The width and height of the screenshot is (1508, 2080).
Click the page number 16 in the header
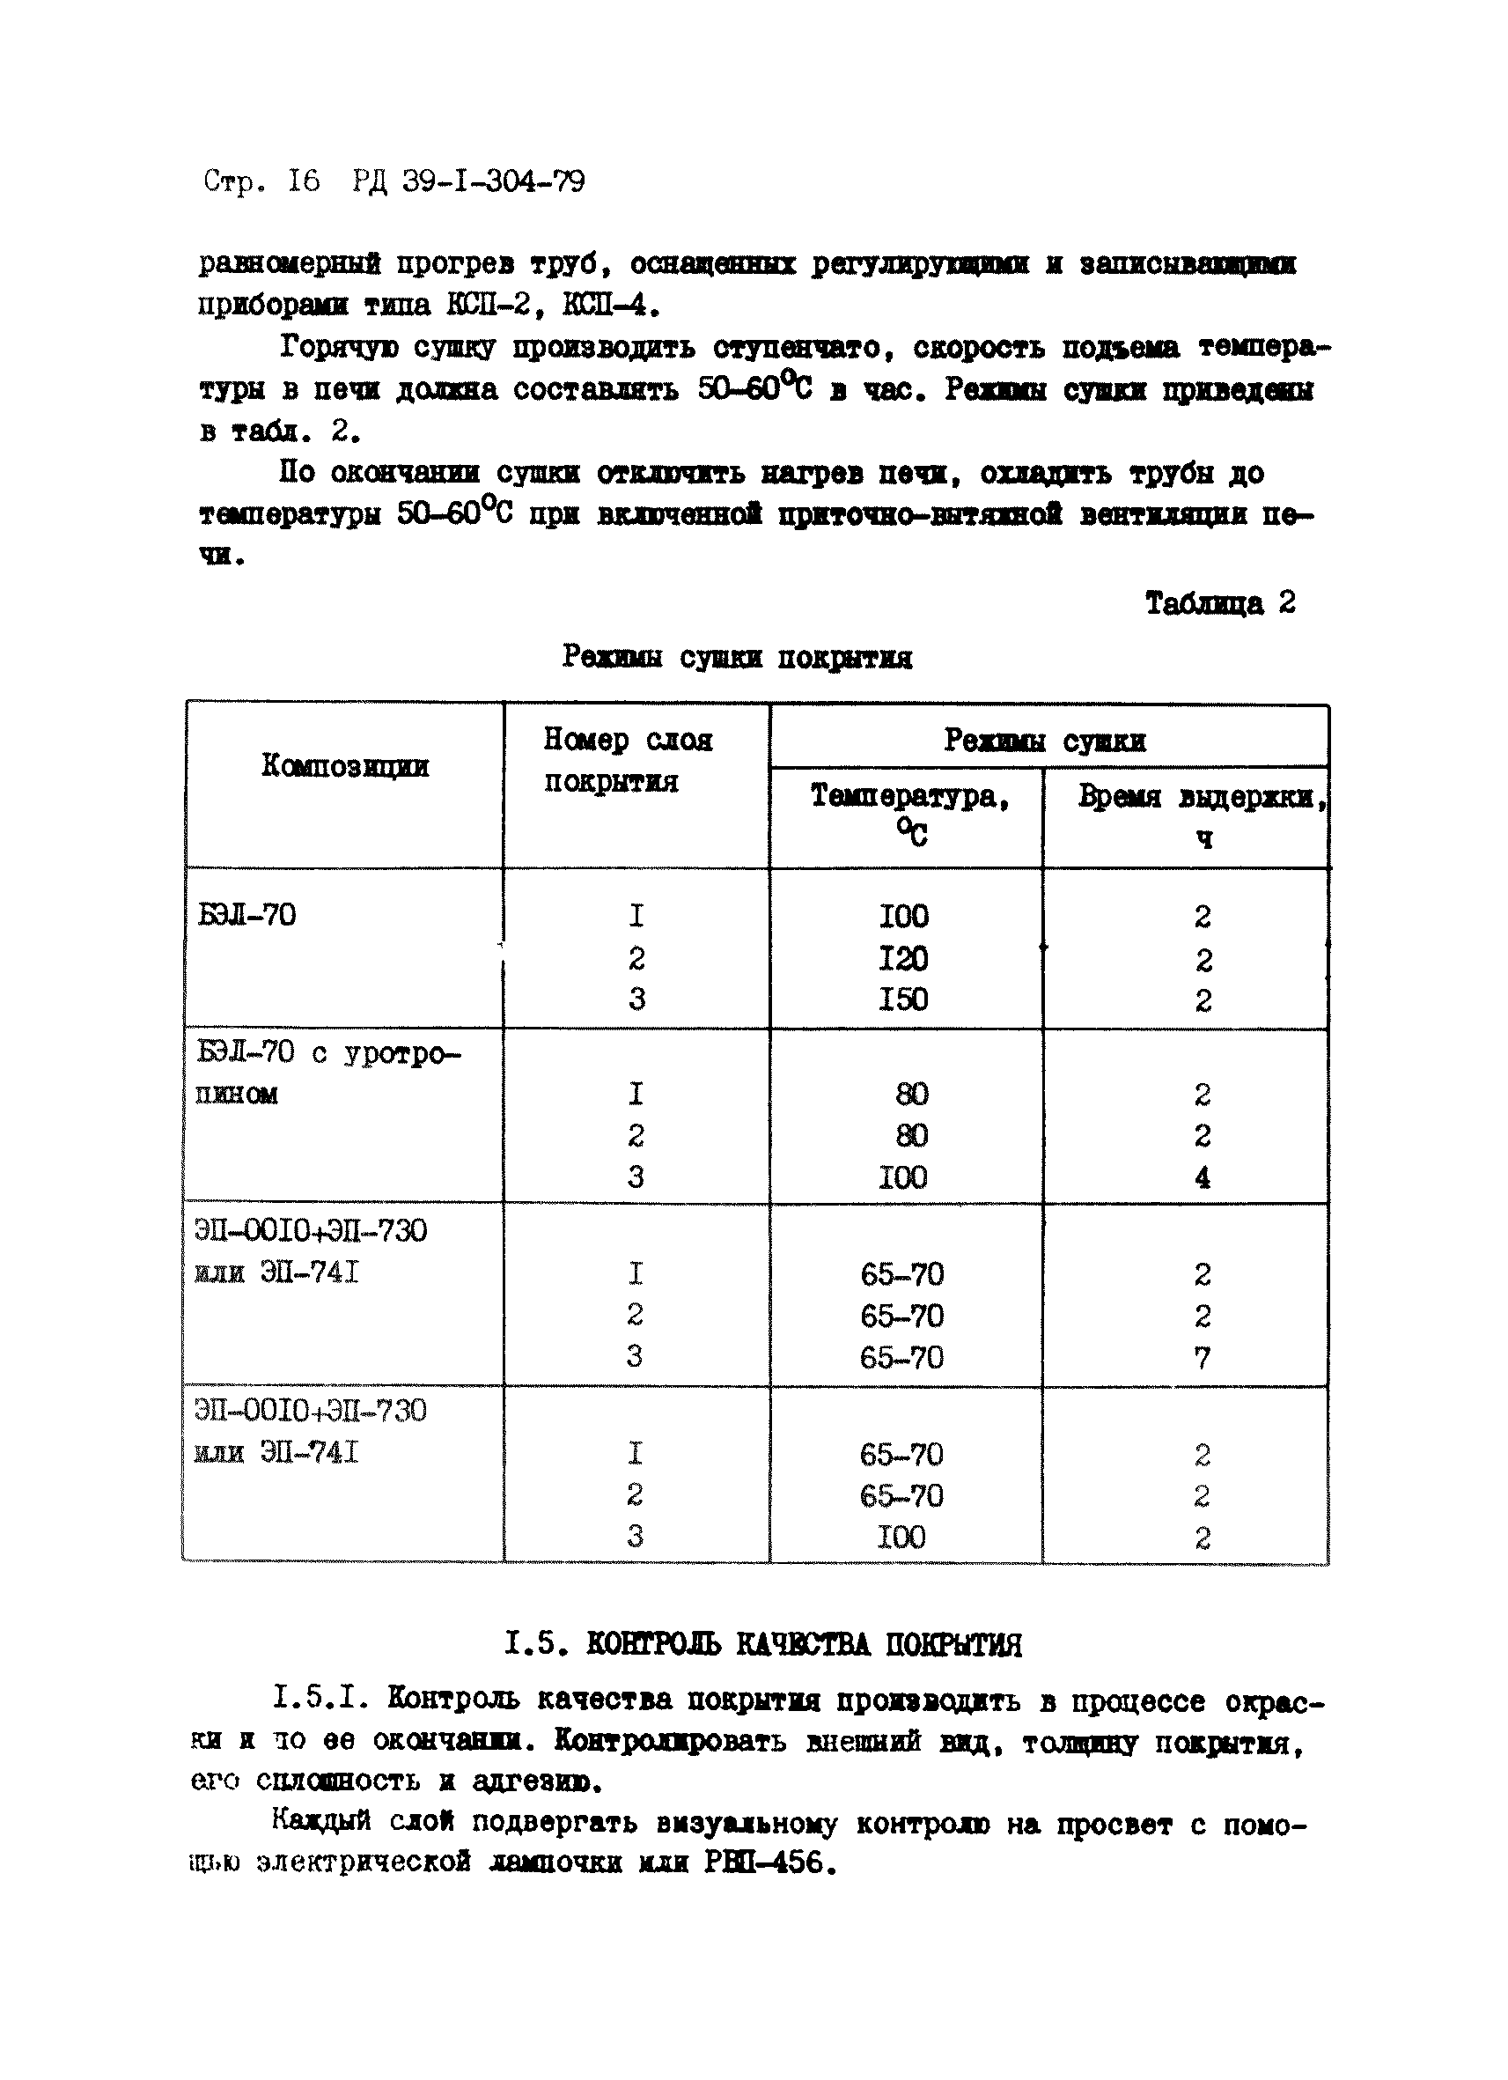click(x=304, y=181)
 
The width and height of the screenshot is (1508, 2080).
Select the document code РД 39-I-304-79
click(x=467, y=181)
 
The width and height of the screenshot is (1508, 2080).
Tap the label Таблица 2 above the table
click(x=1219, y=602)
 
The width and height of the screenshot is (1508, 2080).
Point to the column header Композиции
click(x=345, y=765)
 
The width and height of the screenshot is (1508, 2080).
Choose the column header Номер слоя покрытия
click(x=627, y=760)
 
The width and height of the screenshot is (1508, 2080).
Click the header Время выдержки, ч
click(x=1202, y=815)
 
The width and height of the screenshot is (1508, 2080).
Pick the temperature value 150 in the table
click(x=903, y=999)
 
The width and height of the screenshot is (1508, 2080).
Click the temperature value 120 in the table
click(x=903, y=958)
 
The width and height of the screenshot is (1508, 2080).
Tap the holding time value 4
click(x=1202, y=1176)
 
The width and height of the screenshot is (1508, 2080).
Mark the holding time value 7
click(x=1202, y=1357)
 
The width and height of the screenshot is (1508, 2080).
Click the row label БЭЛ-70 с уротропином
click(x=327, y=1072)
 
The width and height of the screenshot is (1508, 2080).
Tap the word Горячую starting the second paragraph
click(x=338, y=348)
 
